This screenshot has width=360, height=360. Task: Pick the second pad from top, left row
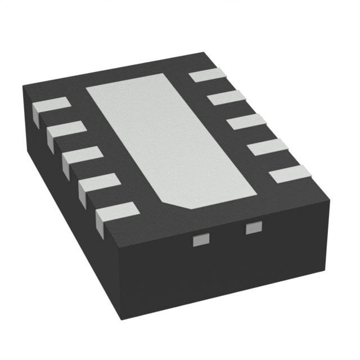(x=66, y=130)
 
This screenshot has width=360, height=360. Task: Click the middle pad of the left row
(x=82, y=156)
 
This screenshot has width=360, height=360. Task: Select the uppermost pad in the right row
(x=206, y=74)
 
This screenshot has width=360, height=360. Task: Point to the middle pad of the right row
(x=246, y=121)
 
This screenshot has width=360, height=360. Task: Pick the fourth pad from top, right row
(x=268, y=147)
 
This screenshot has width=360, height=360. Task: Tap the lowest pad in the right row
(x=290, y=174)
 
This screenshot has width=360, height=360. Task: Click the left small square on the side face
(x=197, y=241)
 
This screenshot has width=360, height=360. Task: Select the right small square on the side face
(x=254, y=228)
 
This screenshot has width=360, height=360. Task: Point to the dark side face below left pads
(x=67, y=186)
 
